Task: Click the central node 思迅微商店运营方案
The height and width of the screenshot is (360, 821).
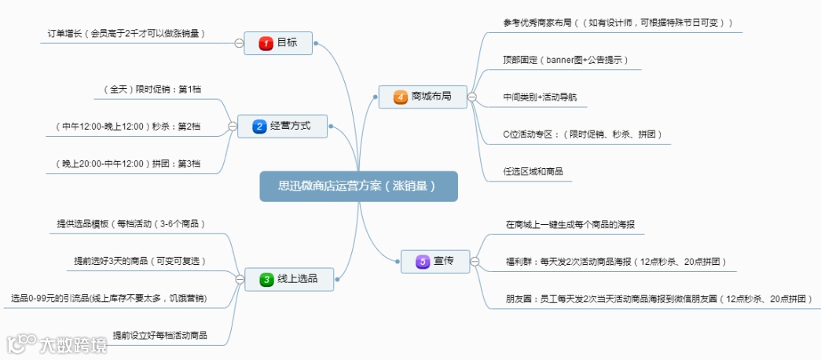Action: pos(357,187)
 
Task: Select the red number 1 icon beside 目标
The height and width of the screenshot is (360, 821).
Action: pos(266,42)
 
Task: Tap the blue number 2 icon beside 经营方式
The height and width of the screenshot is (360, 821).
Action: pos(260,126)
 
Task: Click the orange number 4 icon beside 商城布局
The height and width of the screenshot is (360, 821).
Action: pos(401,97)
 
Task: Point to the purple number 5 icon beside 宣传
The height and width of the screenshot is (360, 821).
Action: pos(423,260)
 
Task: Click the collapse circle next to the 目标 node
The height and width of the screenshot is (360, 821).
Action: pos(238,42)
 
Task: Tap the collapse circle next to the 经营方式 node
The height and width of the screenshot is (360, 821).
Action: pos(232,126)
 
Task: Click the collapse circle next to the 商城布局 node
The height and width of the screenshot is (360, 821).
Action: pos(472,97)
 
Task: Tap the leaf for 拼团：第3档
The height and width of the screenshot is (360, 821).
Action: pos(128,163)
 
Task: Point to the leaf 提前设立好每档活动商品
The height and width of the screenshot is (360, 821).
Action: pos(159,335)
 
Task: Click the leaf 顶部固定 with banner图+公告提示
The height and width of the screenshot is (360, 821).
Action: pos(565,60)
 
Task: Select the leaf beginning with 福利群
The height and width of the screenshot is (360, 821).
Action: pos(616,261)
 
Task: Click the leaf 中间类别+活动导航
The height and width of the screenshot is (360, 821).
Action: pos(544,97)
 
